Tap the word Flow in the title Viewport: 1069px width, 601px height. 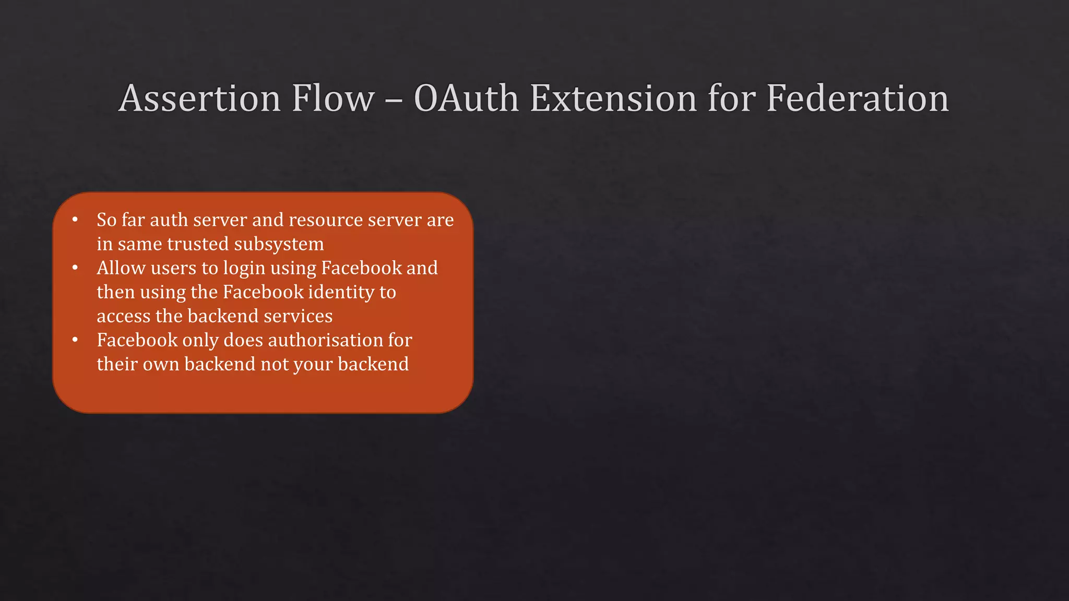pyautogui.click(x=333, y=98)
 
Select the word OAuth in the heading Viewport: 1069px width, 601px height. pyautogui.click(x=466, y=98)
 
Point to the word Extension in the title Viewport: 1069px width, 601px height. pyautogui.click(x=613, y=98)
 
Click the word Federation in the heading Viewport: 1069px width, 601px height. pyautogui.click(x=857, y=98)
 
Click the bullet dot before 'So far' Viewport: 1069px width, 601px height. pyautogui.click(x=75, y=220)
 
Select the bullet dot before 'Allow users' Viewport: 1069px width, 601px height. pyautogui.click(x=75, y=268)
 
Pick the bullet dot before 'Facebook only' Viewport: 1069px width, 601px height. pyautogui.click(x=75, y=340)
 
